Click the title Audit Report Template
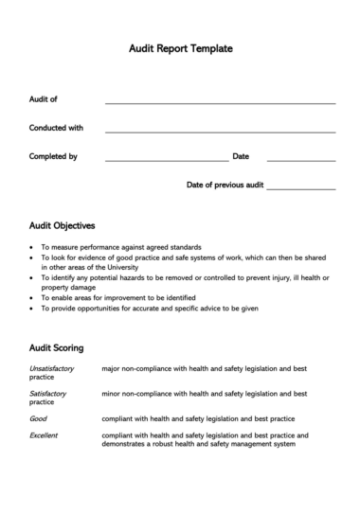tap(180, 47)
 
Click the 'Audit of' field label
tap(44, 98)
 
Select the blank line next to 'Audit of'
tap(220, 102)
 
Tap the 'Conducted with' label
tap(57, 127)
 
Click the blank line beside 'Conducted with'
tap(220, 131)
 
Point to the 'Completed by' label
tap(54, 156)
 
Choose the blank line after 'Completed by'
tap(166, 160)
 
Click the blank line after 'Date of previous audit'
tap(300, 188)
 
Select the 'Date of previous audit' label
tap(225, 185)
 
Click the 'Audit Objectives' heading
tap(63, 226)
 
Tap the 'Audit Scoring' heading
tap(57, 347)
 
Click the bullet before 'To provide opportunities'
tap(33, 309)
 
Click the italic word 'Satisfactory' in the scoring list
tap(48, 393)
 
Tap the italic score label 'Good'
tap(39, 417)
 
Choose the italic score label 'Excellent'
tap(45, 435)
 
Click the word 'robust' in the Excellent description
tap(175, 444)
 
